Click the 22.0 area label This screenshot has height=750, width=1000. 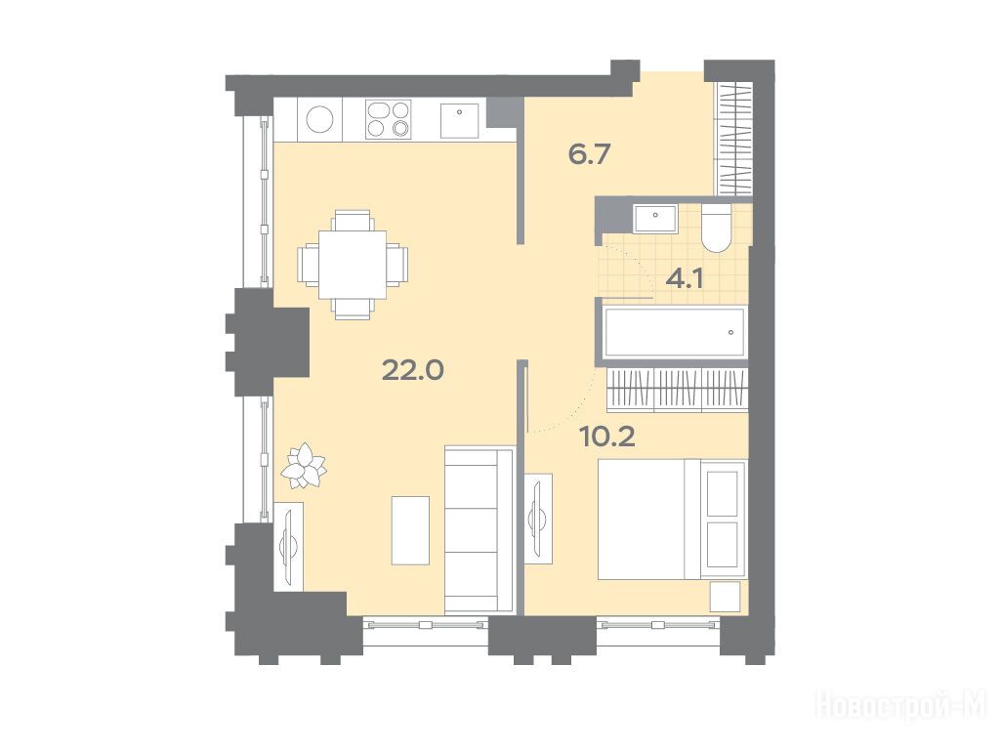pos(413,370)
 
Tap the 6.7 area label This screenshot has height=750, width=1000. pos(590,154)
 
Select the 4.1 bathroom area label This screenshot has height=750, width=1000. pos(685,278)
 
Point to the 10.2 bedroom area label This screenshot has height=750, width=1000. pos(607,437)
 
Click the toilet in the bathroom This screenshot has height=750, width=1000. pos(716,228)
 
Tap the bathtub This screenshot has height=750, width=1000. pos(674,332)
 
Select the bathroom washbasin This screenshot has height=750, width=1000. pos(655,220)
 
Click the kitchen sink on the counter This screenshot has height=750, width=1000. pos(460,120)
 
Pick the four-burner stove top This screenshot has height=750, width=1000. pos(388,119)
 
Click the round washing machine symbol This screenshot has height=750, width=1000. pos(320,119)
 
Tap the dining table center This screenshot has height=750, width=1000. pos(353,264)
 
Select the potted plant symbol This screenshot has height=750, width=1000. pos(305,466)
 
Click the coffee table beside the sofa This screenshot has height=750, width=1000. pos(410,530)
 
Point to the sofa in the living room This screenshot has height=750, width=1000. pos(479,530)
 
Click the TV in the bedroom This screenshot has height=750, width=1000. pos(538,519)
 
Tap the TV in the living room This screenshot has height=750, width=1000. pos(288,544)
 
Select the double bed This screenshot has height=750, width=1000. pos(672,520)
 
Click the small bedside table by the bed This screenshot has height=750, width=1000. pos(726,597)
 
